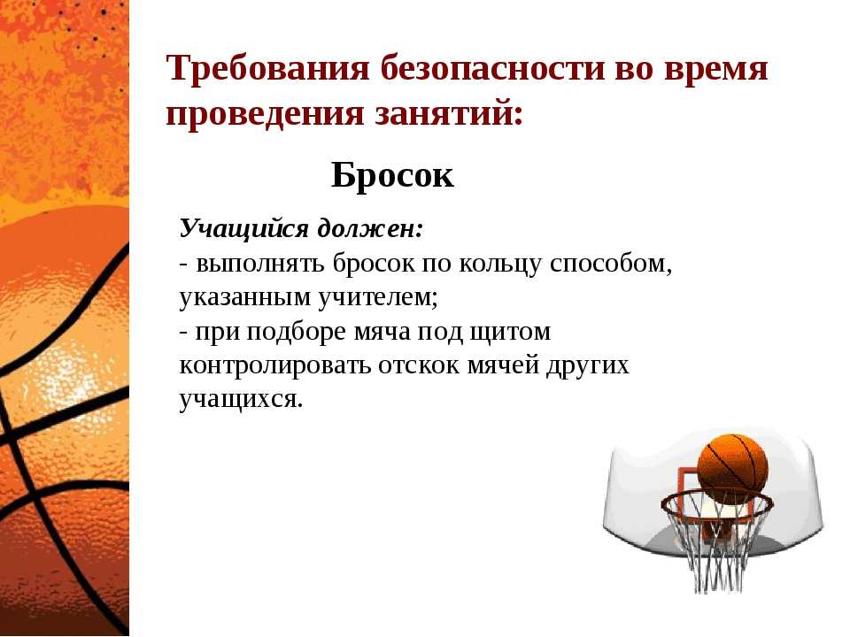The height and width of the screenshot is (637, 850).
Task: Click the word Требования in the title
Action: [268, 69]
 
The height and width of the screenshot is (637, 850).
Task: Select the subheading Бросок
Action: [392, 175]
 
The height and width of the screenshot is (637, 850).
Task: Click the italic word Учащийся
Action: [244, 229]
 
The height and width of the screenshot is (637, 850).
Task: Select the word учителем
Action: [374, 297]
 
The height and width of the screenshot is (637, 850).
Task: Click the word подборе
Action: [296, 332]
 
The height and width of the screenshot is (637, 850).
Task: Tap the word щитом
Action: [510, 332]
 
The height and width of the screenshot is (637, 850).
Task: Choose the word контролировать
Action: [274, 366]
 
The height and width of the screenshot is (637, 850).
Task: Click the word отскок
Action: [419, 365]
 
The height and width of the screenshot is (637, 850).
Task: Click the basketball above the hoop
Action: [732, 467]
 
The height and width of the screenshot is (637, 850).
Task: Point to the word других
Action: [588, 366]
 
